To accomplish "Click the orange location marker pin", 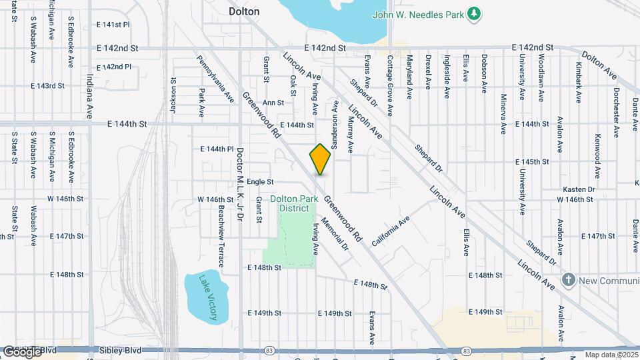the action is (320, 159).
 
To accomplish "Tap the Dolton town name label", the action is (244, 11).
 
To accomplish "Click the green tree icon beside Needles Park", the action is (473, 13).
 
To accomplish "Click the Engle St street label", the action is (260, 181).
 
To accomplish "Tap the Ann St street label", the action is (273, 103).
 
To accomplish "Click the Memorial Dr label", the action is (335, 233).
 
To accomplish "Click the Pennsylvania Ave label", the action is (215, 79).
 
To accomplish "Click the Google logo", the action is (23, 351).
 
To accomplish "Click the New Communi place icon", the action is (568, 279).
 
